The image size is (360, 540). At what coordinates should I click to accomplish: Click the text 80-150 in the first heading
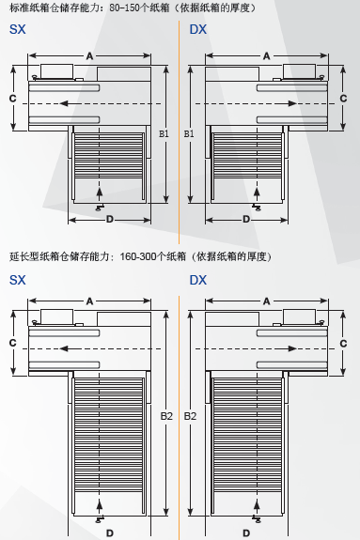[x=124, y=8]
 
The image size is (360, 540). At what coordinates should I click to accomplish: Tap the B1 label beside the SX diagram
[x=164, y=133]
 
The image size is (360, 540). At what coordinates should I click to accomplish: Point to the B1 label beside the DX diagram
[x=189, y=133]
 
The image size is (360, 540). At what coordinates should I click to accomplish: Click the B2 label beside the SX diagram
[x=166, y=416]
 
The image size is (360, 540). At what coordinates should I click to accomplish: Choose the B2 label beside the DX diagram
[x=190, y=416]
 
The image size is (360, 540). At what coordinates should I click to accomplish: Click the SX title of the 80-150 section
[x=17, y=29]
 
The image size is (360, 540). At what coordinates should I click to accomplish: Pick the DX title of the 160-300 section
[x=198, y=280]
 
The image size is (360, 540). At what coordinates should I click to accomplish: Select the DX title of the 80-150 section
[x=198, y=29]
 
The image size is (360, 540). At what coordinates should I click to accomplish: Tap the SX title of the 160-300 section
[x=17, y=280]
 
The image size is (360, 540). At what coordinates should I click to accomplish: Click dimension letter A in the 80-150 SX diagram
[x=89, y=55]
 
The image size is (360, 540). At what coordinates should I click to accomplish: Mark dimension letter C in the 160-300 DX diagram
[x=343, y=344]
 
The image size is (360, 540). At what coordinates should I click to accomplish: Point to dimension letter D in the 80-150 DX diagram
[x=246, y=219]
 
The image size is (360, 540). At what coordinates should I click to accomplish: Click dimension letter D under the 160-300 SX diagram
[x=110, y=533]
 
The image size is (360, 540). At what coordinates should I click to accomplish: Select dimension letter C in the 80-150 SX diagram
[x=13, y=99]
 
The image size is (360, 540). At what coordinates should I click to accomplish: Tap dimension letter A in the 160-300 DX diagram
[x=267, y=301]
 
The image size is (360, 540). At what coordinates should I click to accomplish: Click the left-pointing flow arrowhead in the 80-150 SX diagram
[x=64, y=103]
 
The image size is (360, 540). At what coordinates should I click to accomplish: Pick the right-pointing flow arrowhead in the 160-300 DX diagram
[x=292, y=348]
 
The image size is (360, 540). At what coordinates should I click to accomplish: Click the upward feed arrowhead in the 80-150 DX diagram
[x=257, y=192]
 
